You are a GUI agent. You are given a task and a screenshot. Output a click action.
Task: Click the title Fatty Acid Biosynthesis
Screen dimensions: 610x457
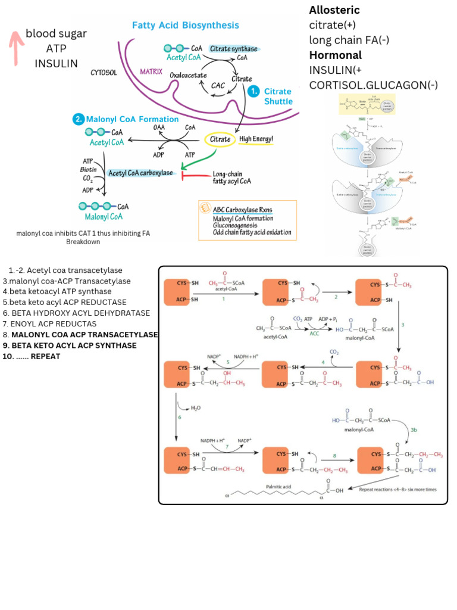(x=185, y=25)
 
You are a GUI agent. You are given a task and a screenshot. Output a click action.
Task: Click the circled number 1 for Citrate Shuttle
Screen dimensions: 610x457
(x=253, y=91)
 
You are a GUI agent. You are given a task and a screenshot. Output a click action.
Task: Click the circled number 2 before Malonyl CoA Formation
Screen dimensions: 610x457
(x=79, y=119)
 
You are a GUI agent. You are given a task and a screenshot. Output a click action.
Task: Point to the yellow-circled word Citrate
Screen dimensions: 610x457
(x=219, y=139)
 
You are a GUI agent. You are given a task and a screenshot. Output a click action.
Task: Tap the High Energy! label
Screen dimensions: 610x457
(x=256, y=139)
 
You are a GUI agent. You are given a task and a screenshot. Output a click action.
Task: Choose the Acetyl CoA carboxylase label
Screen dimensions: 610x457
(x=140, y=173)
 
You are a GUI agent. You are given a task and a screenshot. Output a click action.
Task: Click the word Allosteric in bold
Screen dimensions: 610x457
(x=334, y=10)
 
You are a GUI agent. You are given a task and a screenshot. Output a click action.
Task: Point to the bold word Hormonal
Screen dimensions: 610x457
(x=335, y=55)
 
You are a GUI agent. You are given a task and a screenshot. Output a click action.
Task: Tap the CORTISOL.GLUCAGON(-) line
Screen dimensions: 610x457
(x=373, y=85)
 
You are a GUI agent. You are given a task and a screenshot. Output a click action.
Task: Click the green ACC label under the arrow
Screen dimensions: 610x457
(x=314, y=334)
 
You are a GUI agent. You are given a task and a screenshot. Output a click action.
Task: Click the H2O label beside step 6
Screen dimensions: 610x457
(x=196, y=409)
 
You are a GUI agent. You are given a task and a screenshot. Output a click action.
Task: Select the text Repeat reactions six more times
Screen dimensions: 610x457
(x=397, y=488)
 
